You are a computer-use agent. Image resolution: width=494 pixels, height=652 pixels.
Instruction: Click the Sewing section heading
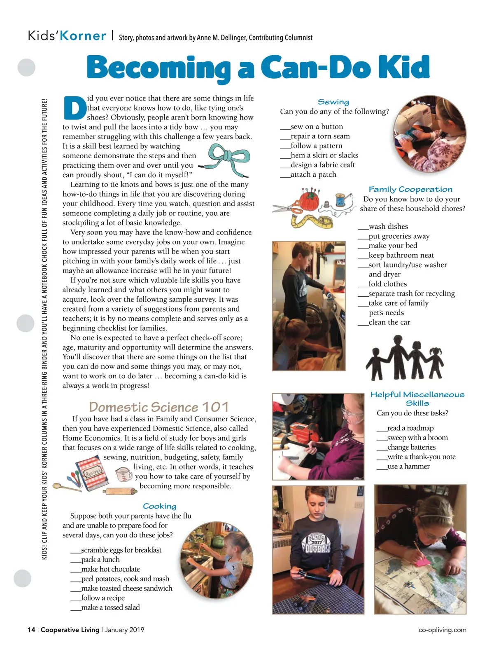[333, 102]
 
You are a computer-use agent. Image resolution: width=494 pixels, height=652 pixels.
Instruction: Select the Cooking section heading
[159, 506]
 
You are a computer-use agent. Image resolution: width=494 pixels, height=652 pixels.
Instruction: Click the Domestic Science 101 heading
[159, 407]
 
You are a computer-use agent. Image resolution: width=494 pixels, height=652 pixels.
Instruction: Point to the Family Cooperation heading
[410, 189]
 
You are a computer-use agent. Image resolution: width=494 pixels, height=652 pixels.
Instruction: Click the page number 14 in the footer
[31, 630]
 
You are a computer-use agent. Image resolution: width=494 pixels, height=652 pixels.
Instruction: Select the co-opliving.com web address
[442, 630]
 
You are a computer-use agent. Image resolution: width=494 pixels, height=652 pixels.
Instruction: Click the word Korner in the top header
[83, 36]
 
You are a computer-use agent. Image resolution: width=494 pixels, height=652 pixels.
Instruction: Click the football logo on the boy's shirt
[316, 544]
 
